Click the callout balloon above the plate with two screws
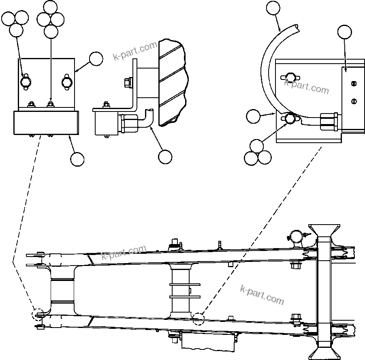click(x=344, y=32)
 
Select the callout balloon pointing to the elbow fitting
click(x=165, y=156)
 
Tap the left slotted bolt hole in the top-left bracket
click(x=25, y=82)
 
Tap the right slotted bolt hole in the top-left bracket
click(x=67, y=82)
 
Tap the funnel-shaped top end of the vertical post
click(x=324, y=231)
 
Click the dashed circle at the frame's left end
click(x=38, y=315)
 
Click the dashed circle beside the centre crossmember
click(x=198, y=319)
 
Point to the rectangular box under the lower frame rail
click(x=207, y=341)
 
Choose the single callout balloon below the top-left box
click(x=77, y=159)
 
